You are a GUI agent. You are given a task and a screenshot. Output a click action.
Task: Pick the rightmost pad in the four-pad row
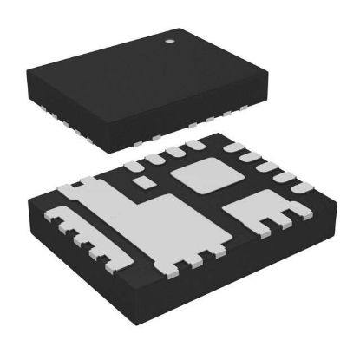click(x=194, y=146)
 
